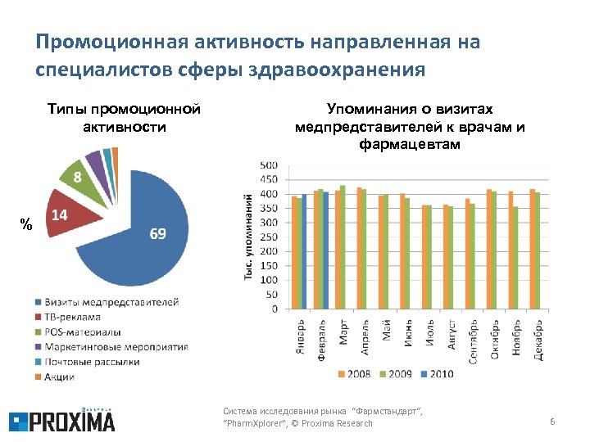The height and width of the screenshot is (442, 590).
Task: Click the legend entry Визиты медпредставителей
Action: (x=107, y=302)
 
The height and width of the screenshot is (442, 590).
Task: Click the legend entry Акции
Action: (x=60, y=377)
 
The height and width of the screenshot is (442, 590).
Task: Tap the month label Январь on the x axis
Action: (x=301, y=336)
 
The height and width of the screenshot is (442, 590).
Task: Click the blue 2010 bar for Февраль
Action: (x=326, y=250)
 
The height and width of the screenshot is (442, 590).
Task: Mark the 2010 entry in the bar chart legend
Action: (x=435, y=374)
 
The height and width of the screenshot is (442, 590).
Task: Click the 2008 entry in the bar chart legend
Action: (x=353, y=374)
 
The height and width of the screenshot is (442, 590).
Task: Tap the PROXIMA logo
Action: (x=61, y=420)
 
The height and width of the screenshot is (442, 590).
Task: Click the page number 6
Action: (x=552, y=422)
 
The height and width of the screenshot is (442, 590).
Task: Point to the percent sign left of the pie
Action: (x=26, y=224)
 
